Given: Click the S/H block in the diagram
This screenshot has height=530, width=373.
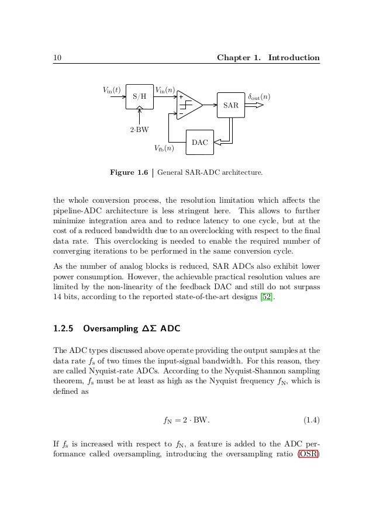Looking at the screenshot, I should click(x=140, y=96).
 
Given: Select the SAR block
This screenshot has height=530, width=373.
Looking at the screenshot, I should click(x=231, y=105).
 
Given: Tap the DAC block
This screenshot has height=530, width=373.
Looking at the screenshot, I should click(x=199, y=142).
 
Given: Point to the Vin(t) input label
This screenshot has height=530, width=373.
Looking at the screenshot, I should click(x=112, y=90).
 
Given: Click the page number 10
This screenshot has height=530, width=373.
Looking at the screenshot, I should click(x=57, y=57).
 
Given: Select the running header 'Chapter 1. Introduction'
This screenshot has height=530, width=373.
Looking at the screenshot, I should click(x=268, y=57).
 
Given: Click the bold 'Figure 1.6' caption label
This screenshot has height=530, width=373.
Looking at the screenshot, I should click(x=130, y=172).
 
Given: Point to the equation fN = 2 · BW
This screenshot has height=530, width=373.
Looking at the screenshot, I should click(x=186, y=420).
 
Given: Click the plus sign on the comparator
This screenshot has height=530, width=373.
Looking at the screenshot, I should click(x=181, y=97).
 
